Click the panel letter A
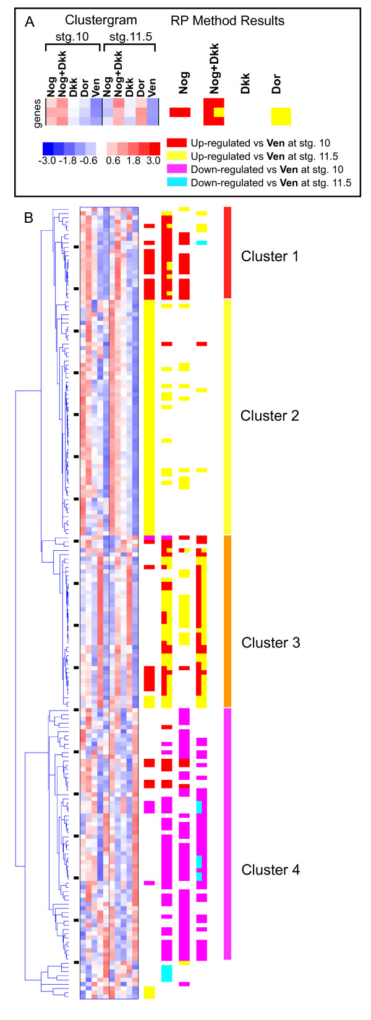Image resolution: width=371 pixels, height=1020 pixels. click(x=29, y=22)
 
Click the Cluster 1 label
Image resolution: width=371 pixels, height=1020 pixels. click(x=270, y=256)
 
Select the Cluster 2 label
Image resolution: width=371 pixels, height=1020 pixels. click(x=270, y=415)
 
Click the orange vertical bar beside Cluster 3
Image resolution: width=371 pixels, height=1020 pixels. click(x=228, y=621)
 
